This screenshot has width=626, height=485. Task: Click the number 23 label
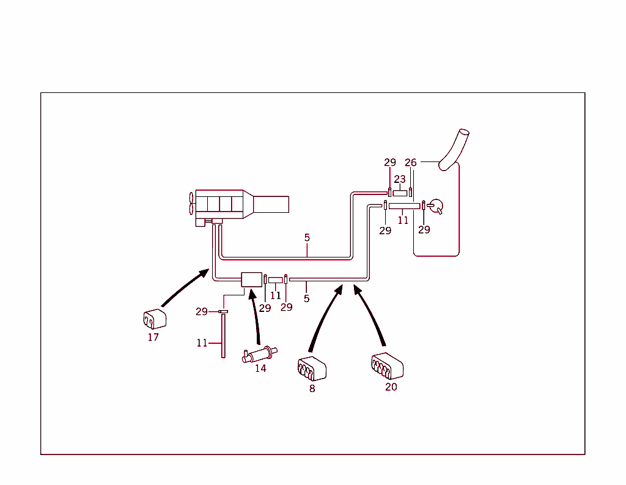pyautogui.click(x=399, y=179)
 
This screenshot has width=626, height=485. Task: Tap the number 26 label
pyautogui.click(x=411, y=163)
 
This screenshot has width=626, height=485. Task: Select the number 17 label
pyautogui.click(x=153, y=337)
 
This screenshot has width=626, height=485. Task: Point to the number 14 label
pyautogui.click(x=260, y=368)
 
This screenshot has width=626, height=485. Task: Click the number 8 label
pyautogui.click(x=312, y=388)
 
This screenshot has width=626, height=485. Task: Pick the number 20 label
pyautogui.click(x=391, y=387)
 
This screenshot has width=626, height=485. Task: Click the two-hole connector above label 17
pyautogui.click(x=153, y=319)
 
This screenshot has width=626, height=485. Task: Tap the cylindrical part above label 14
pyautogui.click(x=260, y=354)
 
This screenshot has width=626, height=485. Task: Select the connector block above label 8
pyautogui.click(x=312, y=368)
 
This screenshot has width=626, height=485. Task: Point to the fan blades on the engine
pyautogui.click(x=191, y=203)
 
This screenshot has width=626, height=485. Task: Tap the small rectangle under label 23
pyautogui.click(x=400, y=193)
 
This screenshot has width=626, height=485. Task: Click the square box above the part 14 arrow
pyautogui.click(x=251, y=280)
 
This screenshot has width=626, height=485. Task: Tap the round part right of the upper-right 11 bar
pyautogui.click(x=436, y=206)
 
